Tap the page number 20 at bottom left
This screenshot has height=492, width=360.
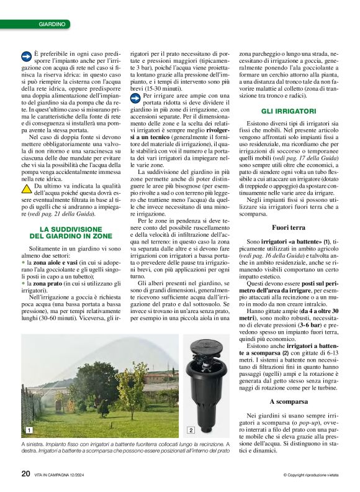[25, 474]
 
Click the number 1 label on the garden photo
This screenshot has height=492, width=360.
[29, 430]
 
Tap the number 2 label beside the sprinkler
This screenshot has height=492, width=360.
[191, 430]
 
